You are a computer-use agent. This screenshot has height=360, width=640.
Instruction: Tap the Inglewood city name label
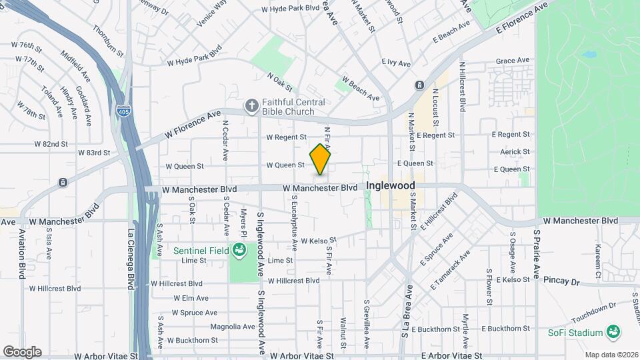click(x=390, y=185)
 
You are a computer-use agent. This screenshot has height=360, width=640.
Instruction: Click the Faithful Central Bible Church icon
click(x=251, y=105)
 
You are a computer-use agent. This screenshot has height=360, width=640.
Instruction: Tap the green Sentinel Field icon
click(x=239, y=251)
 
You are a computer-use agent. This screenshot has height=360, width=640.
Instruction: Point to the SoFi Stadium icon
click(x=613, y=333)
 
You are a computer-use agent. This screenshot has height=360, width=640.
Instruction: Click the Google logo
click(x=22, y=351)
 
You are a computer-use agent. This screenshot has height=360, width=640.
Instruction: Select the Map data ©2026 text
click(x=611, y=355)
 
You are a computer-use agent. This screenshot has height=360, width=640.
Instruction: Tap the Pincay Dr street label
click(x=561, y=281)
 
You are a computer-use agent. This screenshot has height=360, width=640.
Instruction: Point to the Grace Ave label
click(x=513, y=61)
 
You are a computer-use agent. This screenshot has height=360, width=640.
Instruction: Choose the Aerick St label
click(x=514, y=152)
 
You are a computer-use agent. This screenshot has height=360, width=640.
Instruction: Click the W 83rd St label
click(x=94, y=153)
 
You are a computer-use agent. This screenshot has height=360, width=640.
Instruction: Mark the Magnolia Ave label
click(x=233, y=327)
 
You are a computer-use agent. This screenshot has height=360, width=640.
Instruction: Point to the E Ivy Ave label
click(x=396, y=62)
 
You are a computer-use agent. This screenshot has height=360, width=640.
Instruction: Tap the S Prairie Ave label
click(x=536, y=255)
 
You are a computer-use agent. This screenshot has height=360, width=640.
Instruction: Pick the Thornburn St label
click(x=109, y=41)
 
